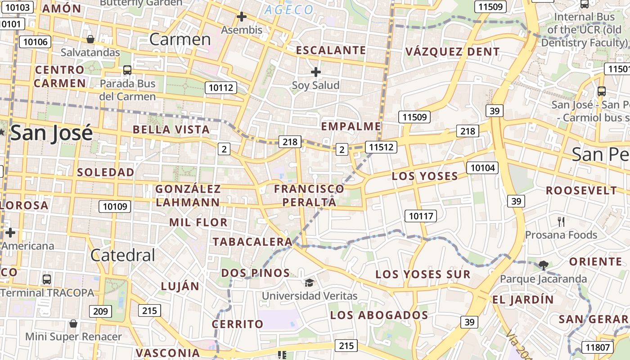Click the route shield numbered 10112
221,87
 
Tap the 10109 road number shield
115,207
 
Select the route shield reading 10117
421,216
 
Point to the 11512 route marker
381,147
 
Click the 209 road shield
100,311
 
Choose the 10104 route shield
482,168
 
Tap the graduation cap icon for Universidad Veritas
309,283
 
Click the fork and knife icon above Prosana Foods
561,221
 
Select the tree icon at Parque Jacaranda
543,265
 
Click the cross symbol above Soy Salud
316,72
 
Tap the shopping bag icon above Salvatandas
90,39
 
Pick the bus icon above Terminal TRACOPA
47,279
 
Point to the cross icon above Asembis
242,17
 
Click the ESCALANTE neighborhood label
331,50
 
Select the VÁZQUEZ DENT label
452,52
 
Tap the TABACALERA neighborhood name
252,242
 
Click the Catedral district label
123,256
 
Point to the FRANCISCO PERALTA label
309,195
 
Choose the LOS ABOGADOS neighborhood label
379,315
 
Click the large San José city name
52,133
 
